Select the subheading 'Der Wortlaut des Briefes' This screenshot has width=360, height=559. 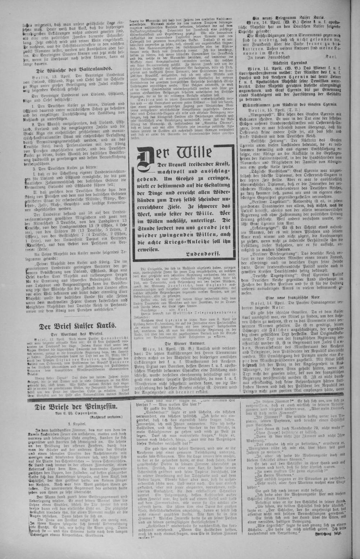pyautogui.click(x=77, y=334)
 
